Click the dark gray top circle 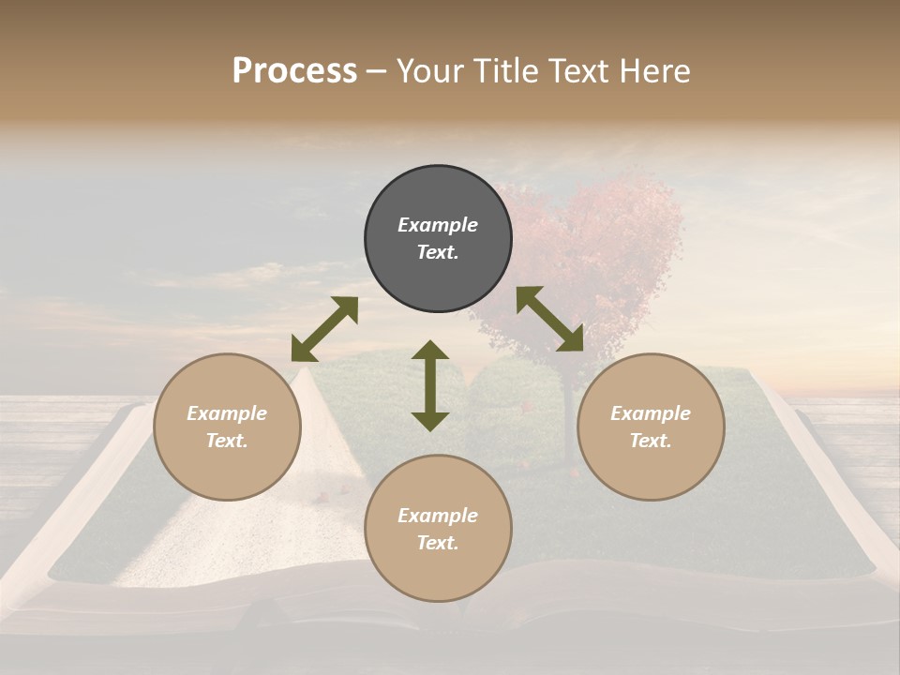tap(438, 239)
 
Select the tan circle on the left tap(227, 427)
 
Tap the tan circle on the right tap(651, 427)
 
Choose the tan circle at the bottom tap(438, 529)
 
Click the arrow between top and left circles tap(324, 329)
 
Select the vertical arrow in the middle tap(430, 385)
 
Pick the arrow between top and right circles tap(550, 319)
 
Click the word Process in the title tap(294, 70)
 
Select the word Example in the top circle tap(438, 225)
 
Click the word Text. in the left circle tap(227, 441)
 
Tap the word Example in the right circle tap(651, 413)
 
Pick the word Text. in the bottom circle tap(438, 543)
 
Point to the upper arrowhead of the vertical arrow tap(430, 351)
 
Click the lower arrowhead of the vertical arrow tap(430, 420)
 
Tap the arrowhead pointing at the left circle tap(303, 350)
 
